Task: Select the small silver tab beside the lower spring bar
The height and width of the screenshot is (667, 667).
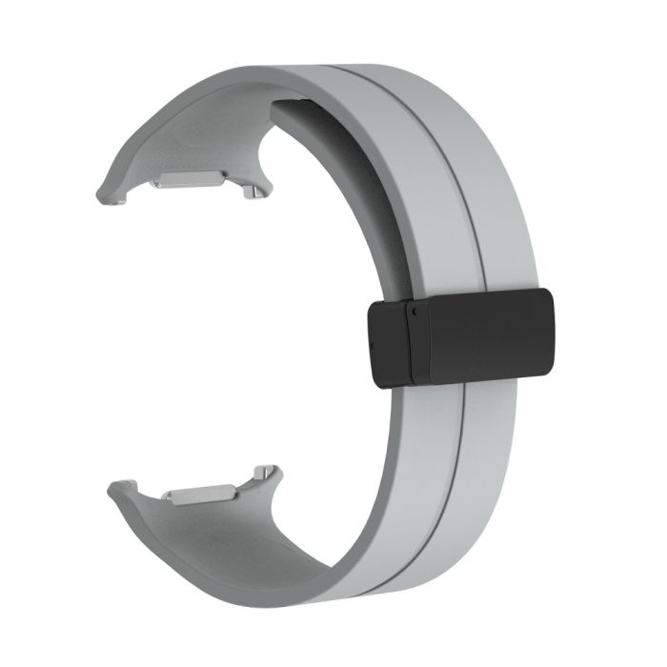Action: (x=265, y=474)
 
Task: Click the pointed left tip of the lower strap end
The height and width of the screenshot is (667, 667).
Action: (x=111, y=486)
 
